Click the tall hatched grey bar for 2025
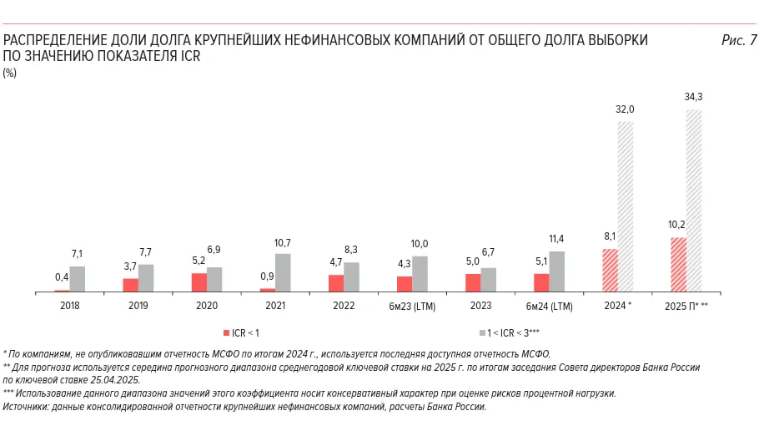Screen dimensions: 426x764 pos(694,200)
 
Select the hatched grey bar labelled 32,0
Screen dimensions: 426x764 pos(626,206)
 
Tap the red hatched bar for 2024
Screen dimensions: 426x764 pos(610,271)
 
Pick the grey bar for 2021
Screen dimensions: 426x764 pos(283,272)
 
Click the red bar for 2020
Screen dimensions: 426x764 pos(199,282)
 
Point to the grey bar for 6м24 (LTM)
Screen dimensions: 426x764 pos(556,271)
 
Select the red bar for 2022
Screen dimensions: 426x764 pos(336,283)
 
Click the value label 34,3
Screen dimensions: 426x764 pos(694,98)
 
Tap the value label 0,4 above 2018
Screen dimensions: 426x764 pos(62,277)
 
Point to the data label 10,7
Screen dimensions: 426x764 pos(283,242)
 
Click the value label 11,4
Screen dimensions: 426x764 pos(556,239)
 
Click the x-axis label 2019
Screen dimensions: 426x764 pos(138,307)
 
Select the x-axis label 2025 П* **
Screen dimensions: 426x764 pos(686,307)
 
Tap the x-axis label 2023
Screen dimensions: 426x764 pos(480,307)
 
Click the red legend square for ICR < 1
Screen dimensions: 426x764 pos(225,332)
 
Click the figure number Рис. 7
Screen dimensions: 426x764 pos(738,40)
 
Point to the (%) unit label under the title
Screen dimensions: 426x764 pos(10,73)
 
